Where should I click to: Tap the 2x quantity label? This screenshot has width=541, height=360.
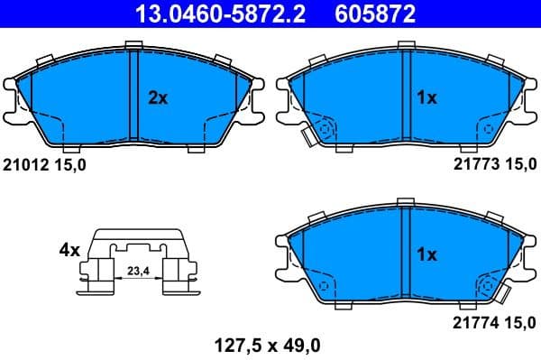[158, 98]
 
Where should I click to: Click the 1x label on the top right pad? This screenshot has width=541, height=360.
[426, 98]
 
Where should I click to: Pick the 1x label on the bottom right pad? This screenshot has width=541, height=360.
[426, 255]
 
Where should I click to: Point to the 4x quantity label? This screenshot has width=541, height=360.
[69, 249]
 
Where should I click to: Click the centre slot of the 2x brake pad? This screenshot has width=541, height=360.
[133, 95]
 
